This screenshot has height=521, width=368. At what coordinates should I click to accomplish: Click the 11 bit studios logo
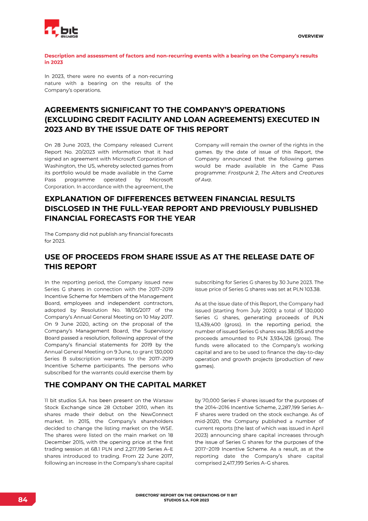point(61,29)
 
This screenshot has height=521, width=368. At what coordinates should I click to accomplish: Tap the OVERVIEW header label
point(310,36)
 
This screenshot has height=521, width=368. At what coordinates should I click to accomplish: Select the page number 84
point(23,500)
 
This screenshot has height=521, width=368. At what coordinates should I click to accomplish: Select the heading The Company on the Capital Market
point(125,385)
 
